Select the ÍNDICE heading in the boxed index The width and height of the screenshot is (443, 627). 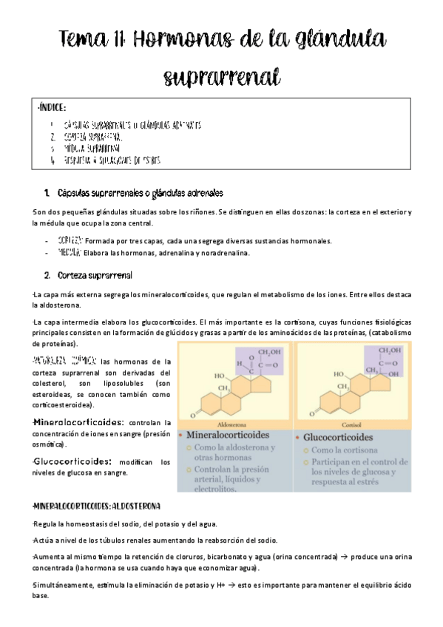pyautogui.click(x=51, y=107)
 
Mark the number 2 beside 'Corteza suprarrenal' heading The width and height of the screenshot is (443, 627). pyautogui.click(x=47, y=276)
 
